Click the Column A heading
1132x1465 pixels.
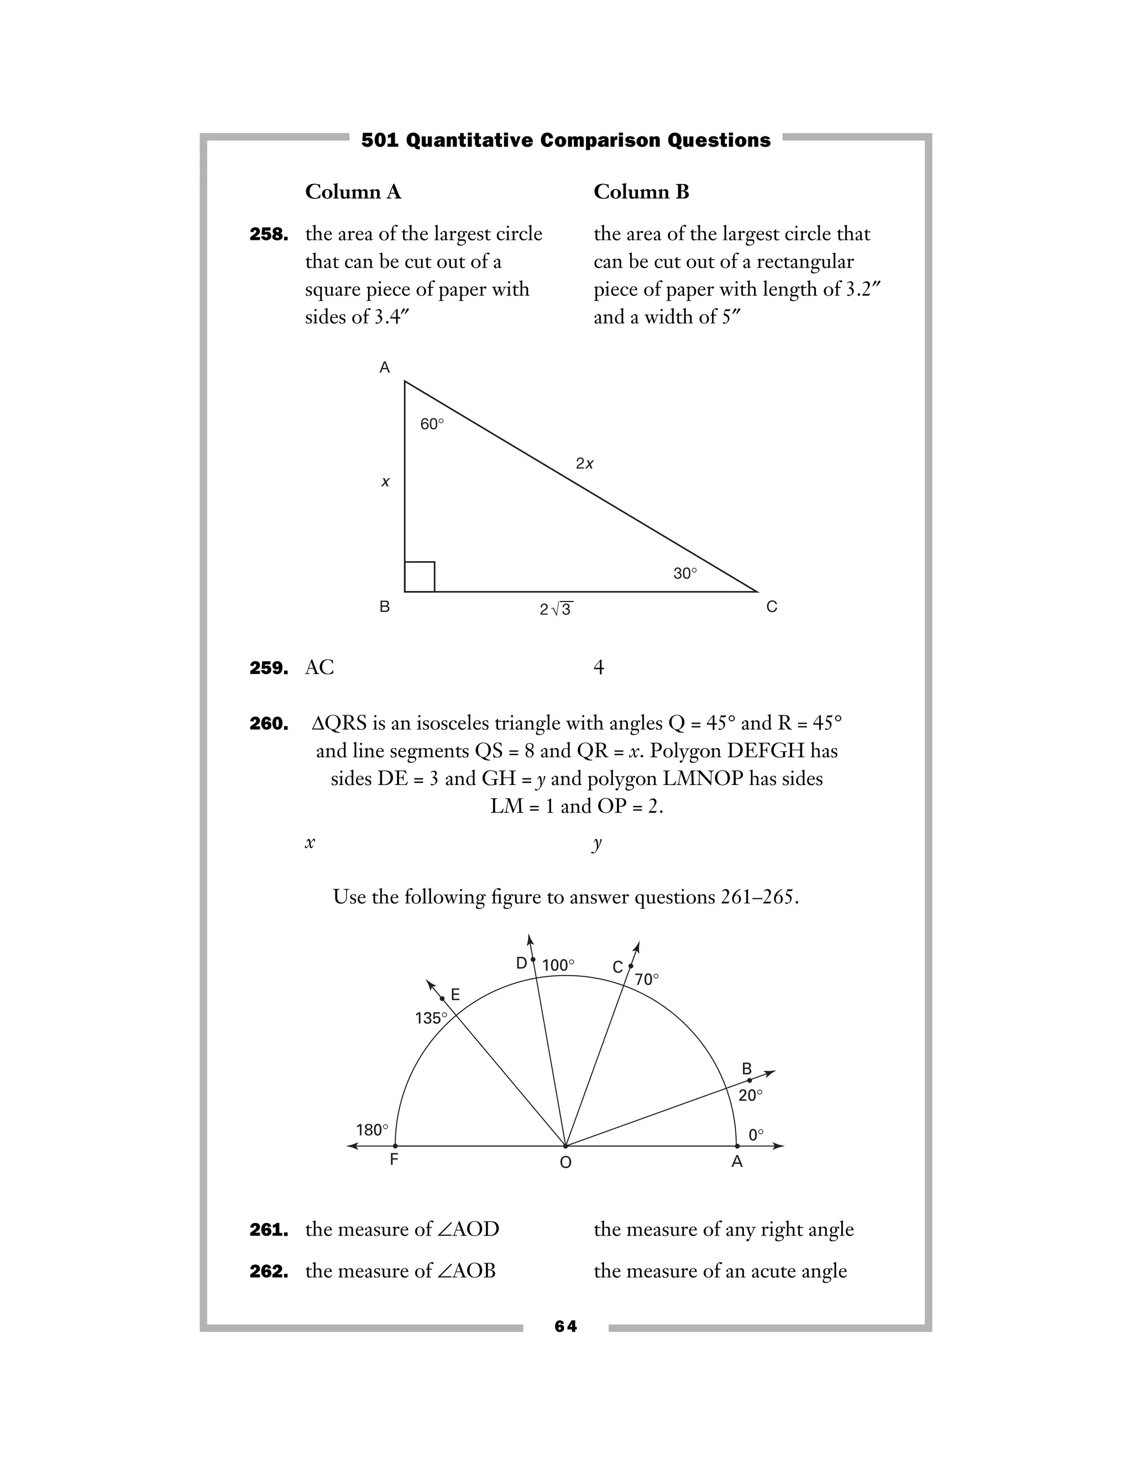click(x=353, y=192)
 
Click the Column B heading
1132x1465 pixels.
click(x=641, y=192)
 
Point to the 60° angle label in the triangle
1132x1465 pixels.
click(x=432, y=424)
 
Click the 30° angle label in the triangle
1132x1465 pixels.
click(x=685, y=573)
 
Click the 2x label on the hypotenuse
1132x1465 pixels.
click(x=585, y=463)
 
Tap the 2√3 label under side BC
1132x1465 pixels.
click(x=556, y=609)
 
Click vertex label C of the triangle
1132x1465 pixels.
click(x=772, y=607)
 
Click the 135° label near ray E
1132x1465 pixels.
click(x=431, y=1018)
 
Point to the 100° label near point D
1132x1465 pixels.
click(x=558, y=965)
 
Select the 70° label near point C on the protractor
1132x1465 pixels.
click(x=647, y=980)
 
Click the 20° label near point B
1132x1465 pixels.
click(x=751, y=1095)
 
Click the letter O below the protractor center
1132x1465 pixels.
click(x=565, y=1163)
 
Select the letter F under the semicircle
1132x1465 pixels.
click(x=394, y=1159)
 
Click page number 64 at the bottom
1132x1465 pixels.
click(x=565, y=1326)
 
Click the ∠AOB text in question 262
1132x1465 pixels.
click(x=465, y=1270)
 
